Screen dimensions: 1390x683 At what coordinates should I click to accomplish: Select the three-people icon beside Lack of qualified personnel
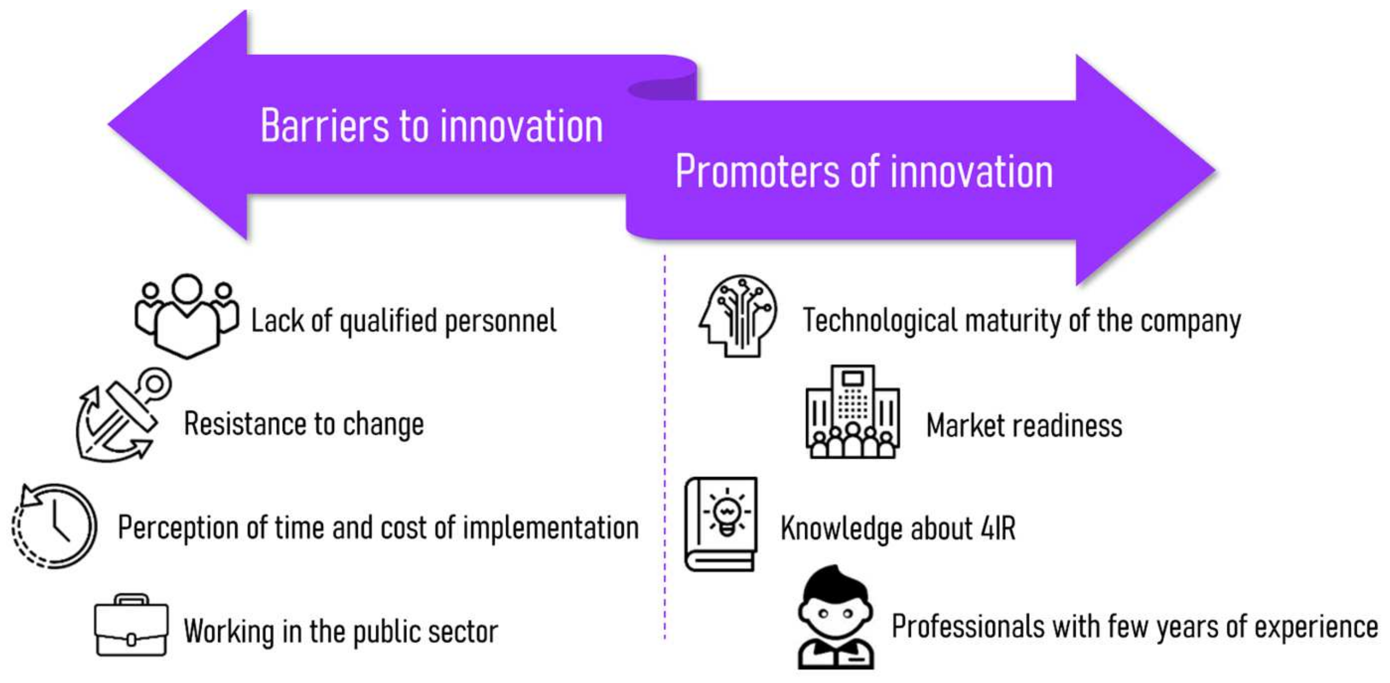[186, 316]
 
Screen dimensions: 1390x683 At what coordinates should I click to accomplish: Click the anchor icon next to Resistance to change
[124, 414]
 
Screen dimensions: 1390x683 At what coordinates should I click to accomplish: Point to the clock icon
[54, 526]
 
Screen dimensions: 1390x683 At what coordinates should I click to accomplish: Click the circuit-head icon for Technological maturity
[738, 315]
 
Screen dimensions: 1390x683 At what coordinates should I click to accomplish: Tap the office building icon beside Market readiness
[853, 411]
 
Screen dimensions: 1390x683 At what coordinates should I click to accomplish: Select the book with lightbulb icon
[721, 524]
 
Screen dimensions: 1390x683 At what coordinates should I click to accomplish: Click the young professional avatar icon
[836, 617]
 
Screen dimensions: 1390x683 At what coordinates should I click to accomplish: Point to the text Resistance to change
[304, 424]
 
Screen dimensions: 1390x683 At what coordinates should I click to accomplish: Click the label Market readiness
[1024, 425]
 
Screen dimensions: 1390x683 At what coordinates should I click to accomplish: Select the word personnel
[500, 322]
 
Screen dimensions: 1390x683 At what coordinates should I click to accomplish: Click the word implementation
[551, 528]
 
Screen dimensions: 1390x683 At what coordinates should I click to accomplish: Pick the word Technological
[879, 321]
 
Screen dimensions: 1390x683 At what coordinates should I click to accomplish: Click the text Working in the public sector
[340, 631]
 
